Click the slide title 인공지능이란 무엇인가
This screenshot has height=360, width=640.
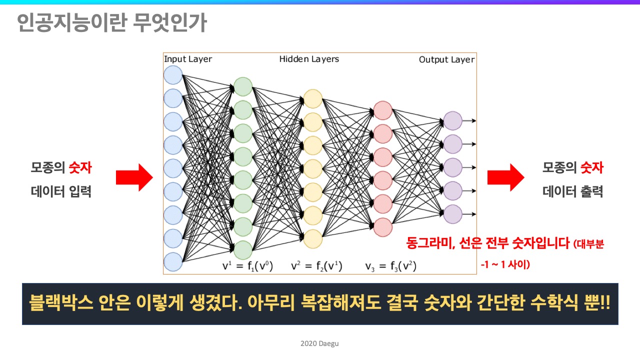[x=111, y=22]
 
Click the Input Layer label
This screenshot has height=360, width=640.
[x=188, y=59]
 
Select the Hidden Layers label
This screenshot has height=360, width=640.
[x=309, y=59]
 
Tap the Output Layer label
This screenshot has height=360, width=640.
[x=446, y=59]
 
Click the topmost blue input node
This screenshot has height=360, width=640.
[x=173, y=75]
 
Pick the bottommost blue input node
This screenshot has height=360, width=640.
[x=173, y=261]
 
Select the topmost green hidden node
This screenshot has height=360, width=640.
[x=243, y=86]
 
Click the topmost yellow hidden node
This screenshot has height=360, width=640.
[x=313, y=98]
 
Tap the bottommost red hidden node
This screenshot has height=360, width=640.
[x=383, y=227]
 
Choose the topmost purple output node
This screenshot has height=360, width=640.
[x=453, y=120]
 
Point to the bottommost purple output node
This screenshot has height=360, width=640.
[x=453, y=214]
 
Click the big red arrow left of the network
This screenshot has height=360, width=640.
[x=134, y=177]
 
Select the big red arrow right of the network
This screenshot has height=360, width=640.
[x=505, y=177]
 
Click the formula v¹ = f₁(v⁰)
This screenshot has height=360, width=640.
[x=247, y=266]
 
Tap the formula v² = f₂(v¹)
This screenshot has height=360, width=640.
[x=316, y=266]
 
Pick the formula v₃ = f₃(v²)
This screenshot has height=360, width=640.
[x=391, y=266]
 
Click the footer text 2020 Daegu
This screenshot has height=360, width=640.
[x=319, y=343]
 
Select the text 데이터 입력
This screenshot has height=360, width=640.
[x=61, y=191]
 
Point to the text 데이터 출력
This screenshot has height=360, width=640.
[x=573, y=191]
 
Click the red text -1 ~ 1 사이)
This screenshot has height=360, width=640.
[x=505, y=264]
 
